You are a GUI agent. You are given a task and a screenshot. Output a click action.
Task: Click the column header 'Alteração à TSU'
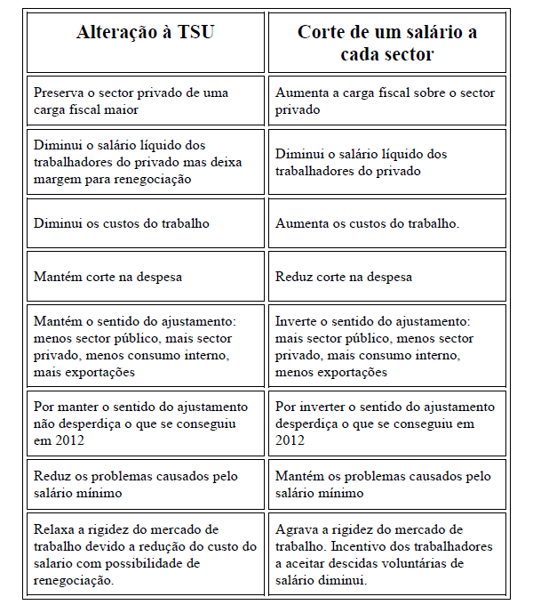145,33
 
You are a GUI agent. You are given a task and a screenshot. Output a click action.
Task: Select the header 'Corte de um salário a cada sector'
386,43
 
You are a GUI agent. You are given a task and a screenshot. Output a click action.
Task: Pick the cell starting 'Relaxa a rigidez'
145,554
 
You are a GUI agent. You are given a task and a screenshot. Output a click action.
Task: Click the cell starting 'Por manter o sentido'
145,423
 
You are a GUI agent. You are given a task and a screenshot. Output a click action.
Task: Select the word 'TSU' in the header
195,33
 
